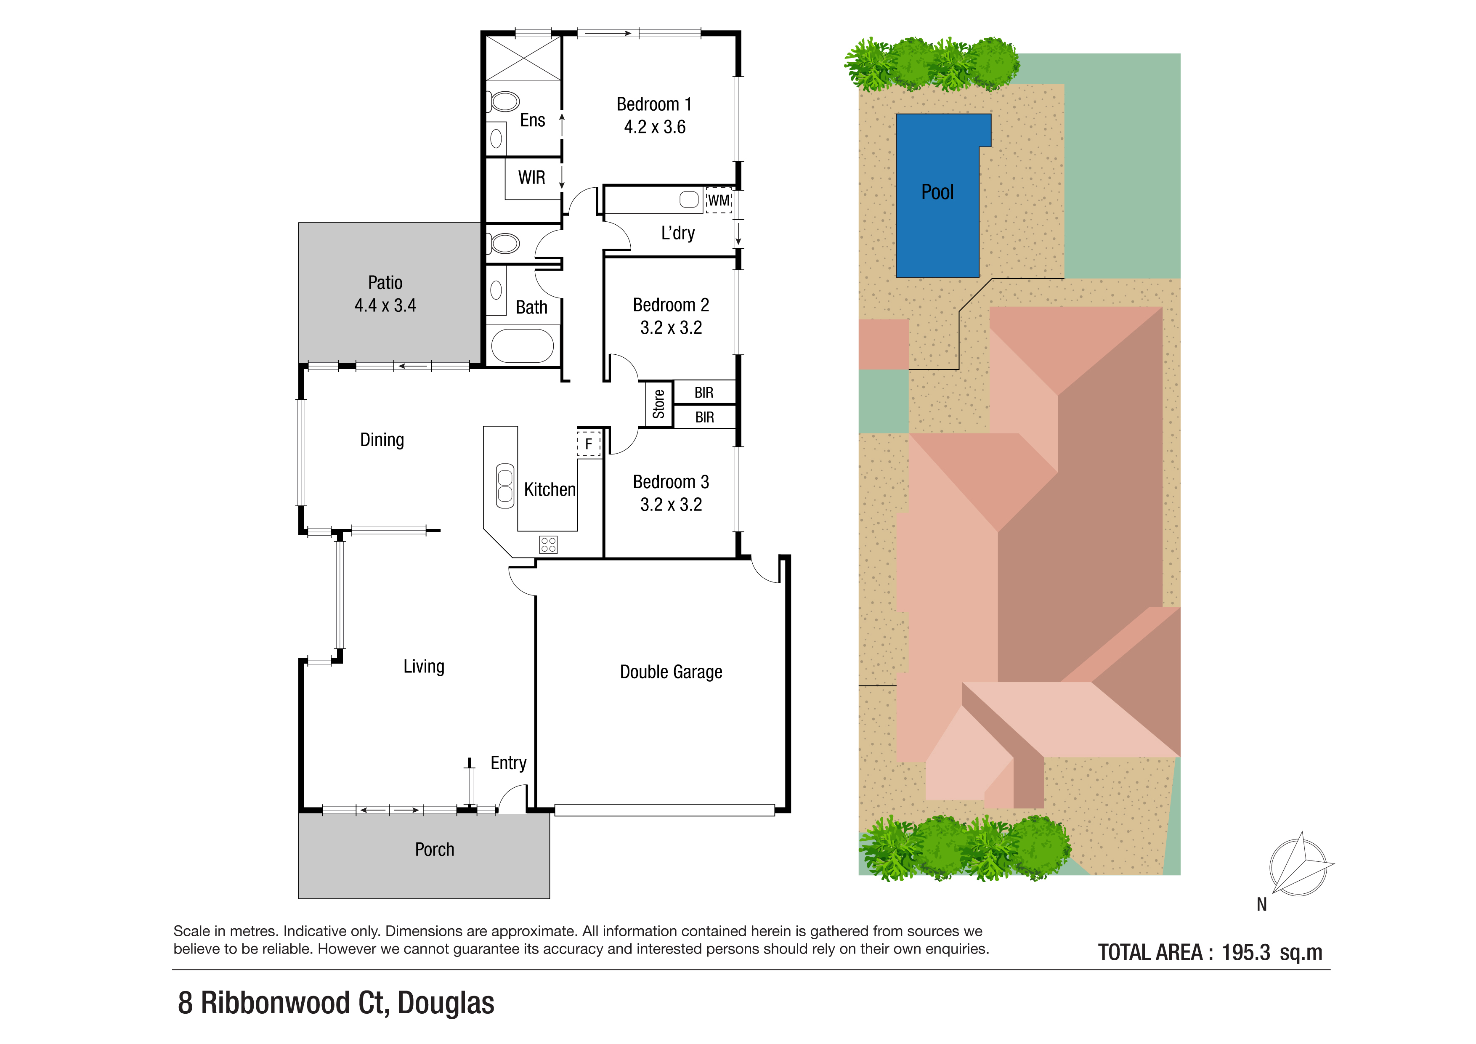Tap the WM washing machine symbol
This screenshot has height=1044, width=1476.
pyautogui.click(x=719, y=200)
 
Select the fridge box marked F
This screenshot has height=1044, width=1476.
pyautogui.click(x=588, y=444)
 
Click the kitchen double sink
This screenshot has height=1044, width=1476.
pyautogui.click(x=505, y=486)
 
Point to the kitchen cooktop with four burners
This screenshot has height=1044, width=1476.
pyautogui.click(x=548, y=545)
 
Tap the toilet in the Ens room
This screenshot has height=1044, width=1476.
pyautogui.click(x=504, y=101)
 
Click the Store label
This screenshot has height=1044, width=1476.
pyautogui.click(x=658, y=404)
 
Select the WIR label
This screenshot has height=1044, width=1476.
pyautogui.click(x=532, y=178)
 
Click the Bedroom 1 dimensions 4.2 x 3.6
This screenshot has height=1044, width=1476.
pyautogui.click(x=654, y=127)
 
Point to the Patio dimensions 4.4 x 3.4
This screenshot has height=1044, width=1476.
pyautogui.click(x=385, y=305)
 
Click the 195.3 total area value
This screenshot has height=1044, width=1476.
pyautogui.click(x=1246, y=952)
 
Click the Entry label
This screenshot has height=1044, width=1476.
pyautogui.click(x=509, y=763)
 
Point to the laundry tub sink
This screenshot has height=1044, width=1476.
pyautogui.click(x=689, y=199)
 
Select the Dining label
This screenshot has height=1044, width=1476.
pyautogui.click(x=382, y=440)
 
